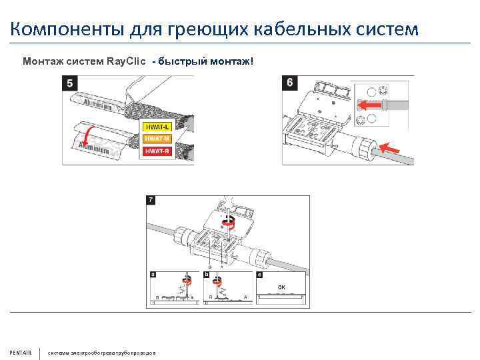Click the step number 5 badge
coord(69,83)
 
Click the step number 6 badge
coord(289,83)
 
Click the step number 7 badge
coord(151,200)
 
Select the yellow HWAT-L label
coord(157,127)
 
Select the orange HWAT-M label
coord(157,138)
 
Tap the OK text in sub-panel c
coord(281,287)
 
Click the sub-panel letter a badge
coord(153,275)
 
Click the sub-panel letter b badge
coord(207,275)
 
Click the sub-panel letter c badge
coord(259,275)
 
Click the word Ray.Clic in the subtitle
coord(127,62)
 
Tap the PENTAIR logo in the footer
coord(20,352)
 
